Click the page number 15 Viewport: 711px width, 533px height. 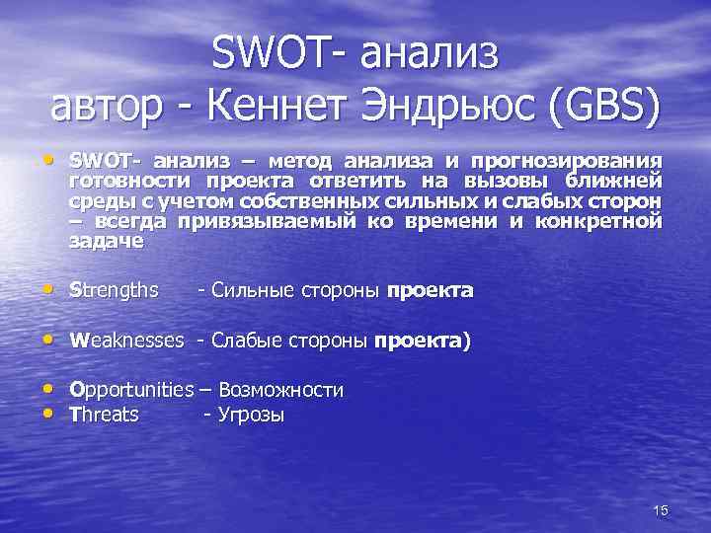click(661, 509)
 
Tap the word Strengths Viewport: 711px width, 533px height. click(114, 290)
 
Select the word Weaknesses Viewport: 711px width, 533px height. click(126, 341)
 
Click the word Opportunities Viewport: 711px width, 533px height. click(131, 390)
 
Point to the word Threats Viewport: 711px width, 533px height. click(104, 415)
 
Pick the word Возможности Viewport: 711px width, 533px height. click(280, 390)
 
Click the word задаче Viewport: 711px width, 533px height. click(106, 241)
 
